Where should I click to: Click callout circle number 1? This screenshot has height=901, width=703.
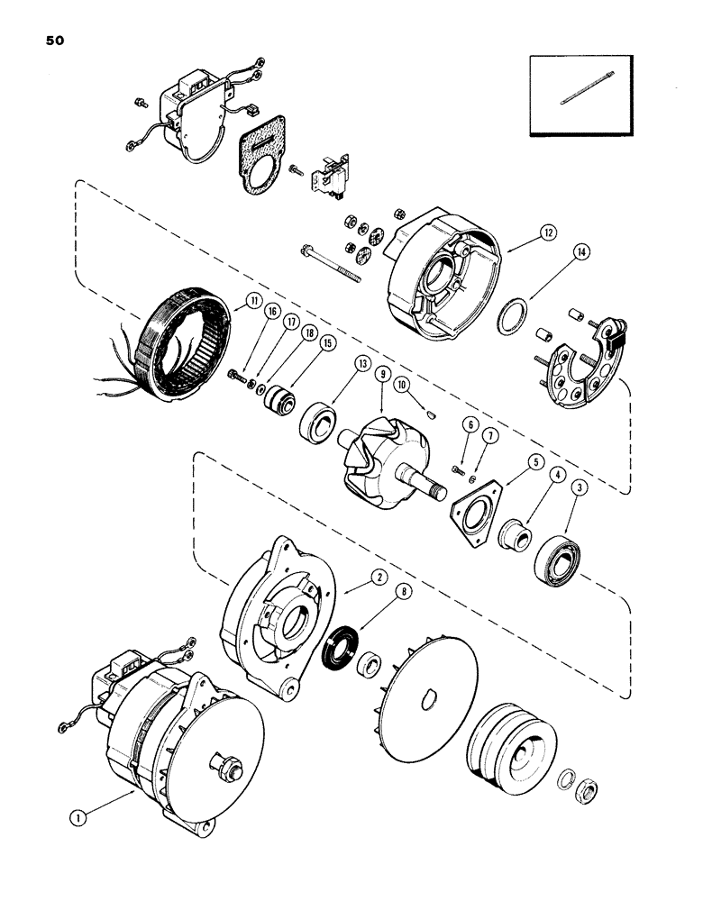point(82,818)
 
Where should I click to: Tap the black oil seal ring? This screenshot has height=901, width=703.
point(338,653)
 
